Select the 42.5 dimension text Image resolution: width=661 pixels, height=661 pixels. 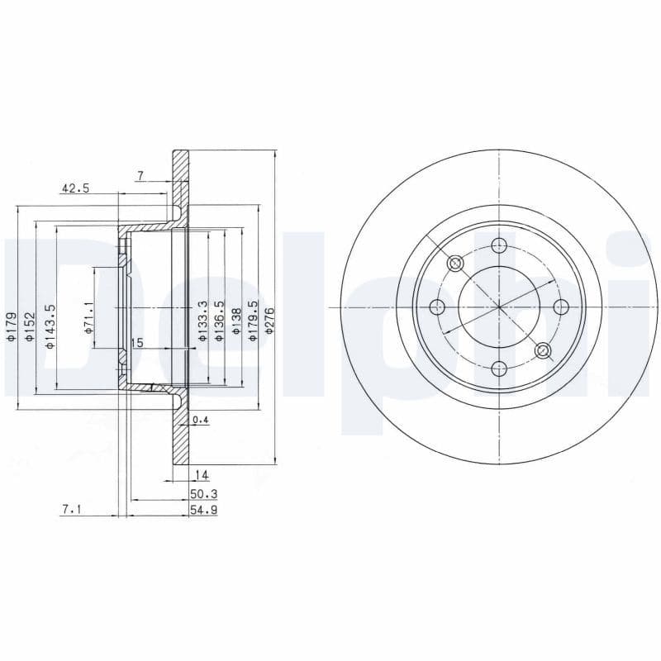pos(74,188)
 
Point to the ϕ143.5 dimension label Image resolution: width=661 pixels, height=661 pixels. pos(50,326)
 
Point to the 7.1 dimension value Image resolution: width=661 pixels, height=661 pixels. pos(71,511)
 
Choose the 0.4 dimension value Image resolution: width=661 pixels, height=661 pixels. pos(200,421)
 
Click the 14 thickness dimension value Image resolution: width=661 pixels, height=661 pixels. pos(200,474)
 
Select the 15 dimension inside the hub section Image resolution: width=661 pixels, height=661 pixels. pos(137,342)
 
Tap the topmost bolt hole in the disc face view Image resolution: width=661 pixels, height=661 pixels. pos(499,245)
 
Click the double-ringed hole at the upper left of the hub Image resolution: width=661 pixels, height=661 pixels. pos(455,264)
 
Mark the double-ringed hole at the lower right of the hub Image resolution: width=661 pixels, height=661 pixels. pos(543,351)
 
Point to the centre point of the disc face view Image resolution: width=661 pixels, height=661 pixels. pos(499,307)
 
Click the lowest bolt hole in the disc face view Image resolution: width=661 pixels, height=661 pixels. pos(499,369)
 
